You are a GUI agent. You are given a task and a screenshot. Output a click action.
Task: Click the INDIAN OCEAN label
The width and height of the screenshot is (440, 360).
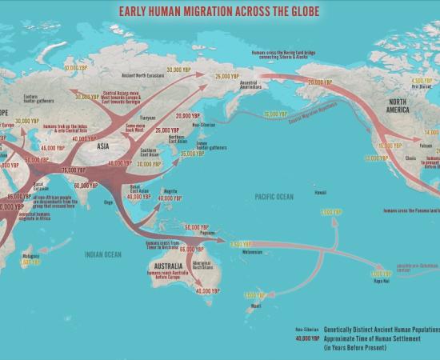click(105, 254)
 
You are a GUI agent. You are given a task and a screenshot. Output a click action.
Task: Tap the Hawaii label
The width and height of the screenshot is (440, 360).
click(319, 192)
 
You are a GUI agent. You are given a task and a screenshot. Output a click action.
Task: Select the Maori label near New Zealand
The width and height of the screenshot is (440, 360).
click(255, 306)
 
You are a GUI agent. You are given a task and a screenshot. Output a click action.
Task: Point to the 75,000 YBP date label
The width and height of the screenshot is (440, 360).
click(73, 170)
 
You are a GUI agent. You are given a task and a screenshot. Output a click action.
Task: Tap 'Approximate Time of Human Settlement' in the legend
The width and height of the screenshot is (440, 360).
click(370, 338)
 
